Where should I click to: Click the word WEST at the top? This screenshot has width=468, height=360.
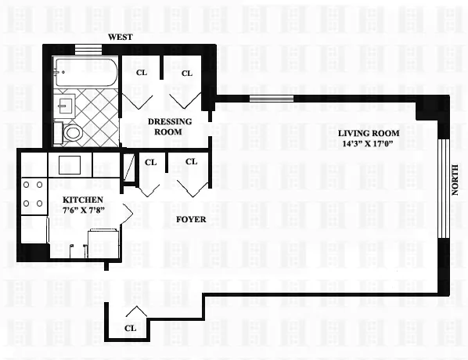121,37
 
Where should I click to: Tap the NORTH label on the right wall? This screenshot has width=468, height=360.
455,180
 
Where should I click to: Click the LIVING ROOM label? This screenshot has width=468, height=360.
369,134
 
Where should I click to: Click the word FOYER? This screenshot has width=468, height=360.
190,219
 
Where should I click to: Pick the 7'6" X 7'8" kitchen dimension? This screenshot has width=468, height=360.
84,211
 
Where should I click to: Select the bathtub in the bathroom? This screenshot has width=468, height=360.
86,74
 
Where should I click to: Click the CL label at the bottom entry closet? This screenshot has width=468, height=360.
131,328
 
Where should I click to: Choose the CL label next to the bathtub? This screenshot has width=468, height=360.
142,73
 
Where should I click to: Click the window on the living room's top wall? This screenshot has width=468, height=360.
271,99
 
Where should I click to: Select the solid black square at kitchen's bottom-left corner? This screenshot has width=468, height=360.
32,252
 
